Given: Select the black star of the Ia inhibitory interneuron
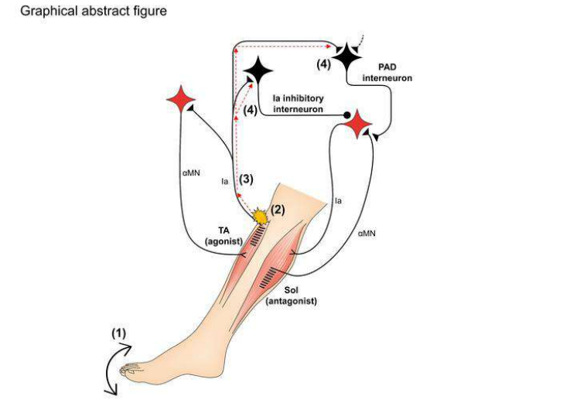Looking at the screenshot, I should pyautogui.click(x=258, y=73).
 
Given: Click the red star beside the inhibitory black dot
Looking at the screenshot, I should pyautogui.click(x=359, y=124).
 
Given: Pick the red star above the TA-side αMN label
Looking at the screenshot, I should pyautogui.click(x=181, y=100).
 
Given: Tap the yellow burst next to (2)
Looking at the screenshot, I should pyautogui.click(x=259, y=213).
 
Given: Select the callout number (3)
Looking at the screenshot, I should pyautogui.click(x=246, y=179).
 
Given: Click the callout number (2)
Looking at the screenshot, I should pyautogui.click(x=277, y=208).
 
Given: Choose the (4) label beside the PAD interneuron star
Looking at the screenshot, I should pyautogui.click(x=323, y=64).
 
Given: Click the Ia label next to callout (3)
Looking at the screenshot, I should pyautogui.click(x=224, y=182).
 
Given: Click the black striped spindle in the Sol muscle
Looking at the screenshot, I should pyautogui.click(x=271, y=275).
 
